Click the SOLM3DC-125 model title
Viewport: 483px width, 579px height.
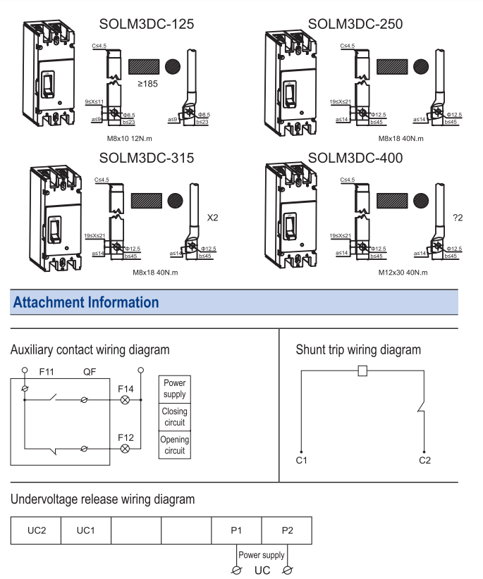pos(146,25)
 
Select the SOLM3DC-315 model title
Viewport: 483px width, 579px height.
pos(146,158)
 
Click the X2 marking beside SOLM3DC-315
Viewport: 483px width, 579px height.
pos(212,218)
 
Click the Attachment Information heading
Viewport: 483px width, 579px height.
pos(85,302)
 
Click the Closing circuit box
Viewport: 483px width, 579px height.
pos(174,417)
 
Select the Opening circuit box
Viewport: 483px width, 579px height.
pos(174,445)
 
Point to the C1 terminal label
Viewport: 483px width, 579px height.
pos(301,461)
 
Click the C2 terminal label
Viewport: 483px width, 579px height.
pos(424,461)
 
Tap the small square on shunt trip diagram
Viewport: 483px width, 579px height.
pos(362,371)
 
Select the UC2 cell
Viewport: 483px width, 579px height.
pos(35,530)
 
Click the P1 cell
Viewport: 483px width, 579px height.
pos(236,530)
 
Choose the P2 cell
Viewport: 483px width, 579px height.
pos(286,530)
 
